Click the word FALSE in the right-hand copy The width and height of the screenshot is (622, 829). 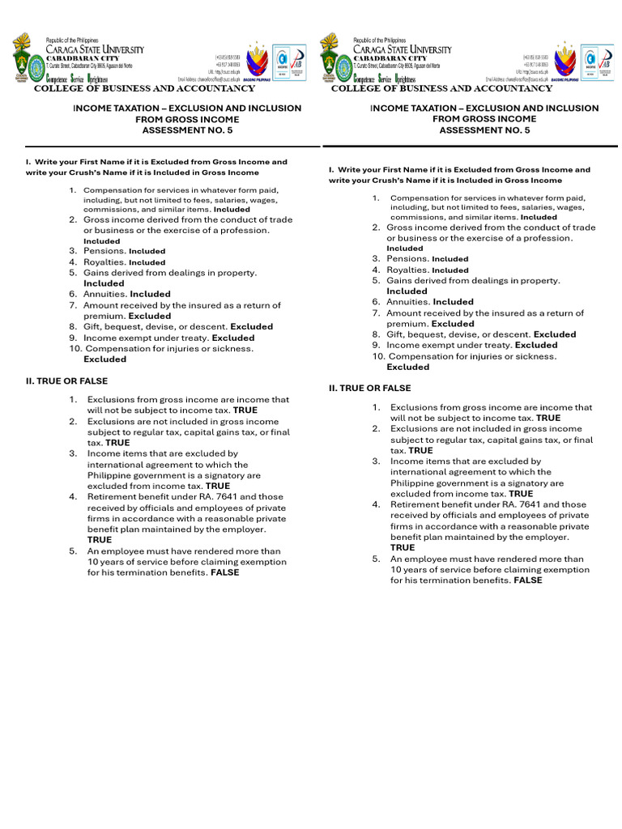coord(528,580)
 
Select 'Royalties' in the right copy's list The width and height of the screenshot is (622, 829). coord(407,270)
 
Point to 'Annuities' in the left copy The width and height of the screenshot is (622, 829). coord(106,294)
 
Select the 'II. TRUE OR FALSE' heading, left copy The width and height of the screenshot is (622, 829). coord(66,380)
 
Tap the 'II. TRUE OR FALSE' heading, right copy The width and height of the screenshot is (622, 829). coord(369,389)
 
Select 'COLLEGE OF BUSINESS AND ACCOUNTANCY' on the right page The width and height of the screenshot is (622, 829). coord(441,88)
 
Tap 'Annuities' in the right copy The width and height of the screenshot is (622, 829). coord(408,302)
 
